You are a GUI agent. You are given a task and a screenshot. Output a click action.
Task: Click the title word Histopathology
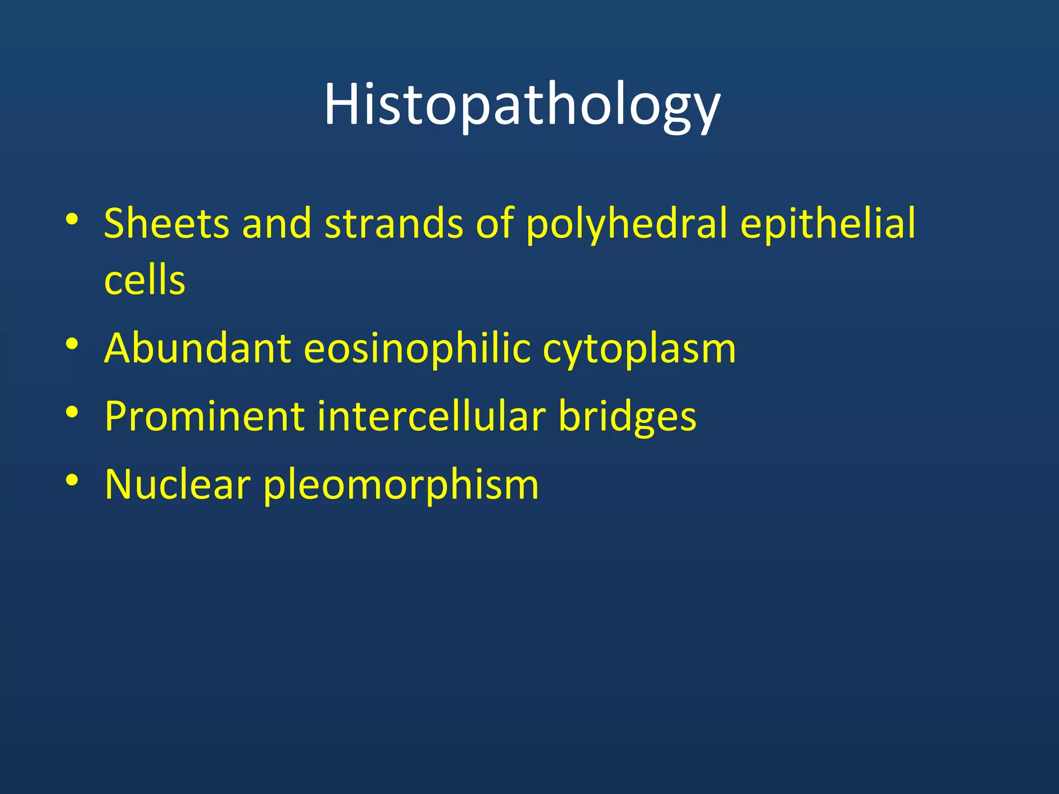(522, 106)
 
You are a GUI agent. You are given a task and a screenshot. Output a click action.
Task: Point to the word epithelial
(827, 223)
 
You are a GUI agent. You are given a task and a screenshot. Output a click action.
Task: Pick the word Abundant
(198, 348)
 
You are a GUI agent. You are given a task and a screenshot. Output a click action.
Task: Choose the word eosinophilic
(417, 348)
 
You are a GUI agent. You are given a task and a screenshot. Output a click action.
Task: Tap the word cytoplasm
(639, 349)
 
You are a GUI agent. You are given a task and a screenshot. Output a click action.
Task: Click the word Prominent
(204, 416)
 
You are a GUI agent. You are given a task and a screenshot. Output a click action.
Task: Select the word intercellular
(431, 416)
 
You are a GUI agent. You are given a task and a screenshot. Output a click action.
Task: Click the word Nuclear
(177, 484)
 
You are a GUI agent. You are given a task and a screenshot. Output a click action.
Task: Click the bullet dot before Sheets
(72, 220)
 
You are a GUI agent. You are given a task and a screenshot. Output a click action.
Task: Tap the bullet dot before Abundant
(72, 344)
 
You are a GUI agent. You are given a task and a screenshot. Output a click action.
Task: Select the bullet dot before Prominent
(72, 412)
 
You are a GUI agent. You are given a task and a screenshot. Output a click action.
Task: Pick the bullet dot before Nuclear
(72, 480)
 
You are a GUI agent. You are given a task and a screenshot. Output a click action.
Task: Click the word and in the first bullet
(277, 223)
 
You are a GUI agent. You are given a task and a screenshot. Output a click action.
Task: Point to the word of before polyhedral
(495, 223)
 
